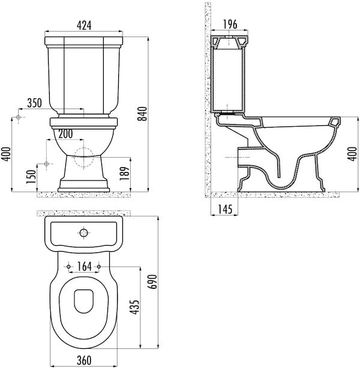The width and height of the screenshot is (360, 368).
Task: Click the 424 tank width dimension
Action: pos(84,25)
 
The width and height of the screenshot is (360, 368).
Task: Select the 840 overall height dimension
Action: pos(142,114)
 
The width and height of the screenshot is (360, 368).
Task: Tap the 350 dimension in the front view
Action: pos(35,103)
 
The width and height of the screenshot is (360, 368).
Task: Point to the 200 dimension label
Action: pos(65,134)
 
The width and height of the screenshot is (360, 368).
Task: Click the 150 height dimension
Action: pos(31,177)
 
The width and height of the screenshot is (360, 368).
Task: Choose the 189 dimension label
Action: pos(125,173)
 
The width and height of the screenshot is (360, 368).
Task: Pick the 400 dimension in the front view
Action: pos(6,154)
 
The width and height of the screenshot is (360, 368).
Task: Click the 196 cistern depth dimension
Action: pos(230,25)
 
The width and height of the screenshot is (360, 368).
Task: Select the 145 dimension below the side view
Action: pos(225,209)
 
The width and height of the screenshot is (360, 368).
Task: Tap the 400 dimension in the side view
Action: pos(352,153)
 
